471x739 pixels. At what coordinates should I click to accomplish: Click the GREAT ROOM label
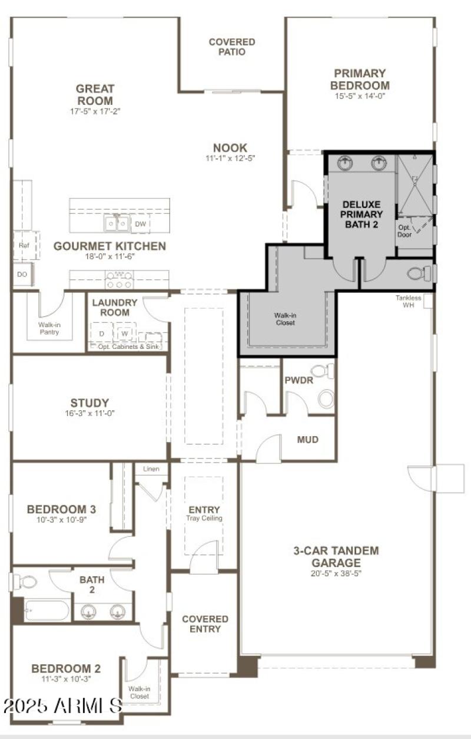95,95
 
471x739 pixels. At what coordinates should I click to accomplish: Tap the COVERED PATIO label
232,47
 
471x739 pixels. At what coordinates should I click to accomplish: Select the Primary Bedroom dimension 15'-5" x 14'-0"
360,96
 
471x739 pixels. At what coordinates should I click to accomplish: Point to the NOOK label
230,147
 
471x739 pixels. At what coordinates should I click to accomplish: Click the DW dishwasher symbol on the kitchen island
140,224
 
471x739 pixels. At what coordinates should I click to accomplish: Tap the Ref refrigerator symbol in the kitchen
24,245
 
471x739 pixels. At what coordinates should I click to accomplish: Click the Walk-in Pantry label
49,328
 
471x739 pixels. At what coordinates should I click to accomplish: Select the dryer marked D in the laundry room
102,334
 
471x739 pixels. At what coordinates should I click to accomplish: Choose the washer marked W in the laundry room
125,334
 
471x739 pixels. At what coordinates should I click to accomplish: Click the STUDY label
89,403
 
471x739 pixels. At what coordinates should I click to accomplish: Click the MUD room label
308,440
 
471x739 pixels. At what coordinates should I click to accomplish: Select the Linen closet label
151,469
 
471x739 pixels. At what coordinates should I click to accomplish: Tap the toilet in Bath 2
25,582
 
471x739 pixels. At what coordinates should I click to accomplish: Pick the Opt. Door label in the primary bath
404,230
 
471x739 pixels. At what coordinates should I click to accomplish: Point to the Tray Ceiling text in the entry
204,519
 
